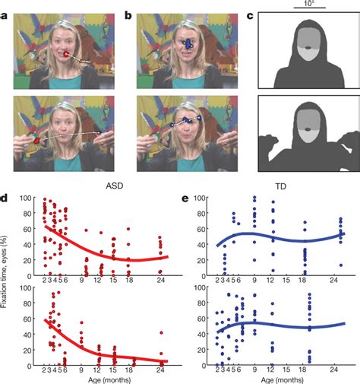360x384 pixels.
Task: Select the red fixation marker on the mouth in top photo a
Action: (x=68, y=55)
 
